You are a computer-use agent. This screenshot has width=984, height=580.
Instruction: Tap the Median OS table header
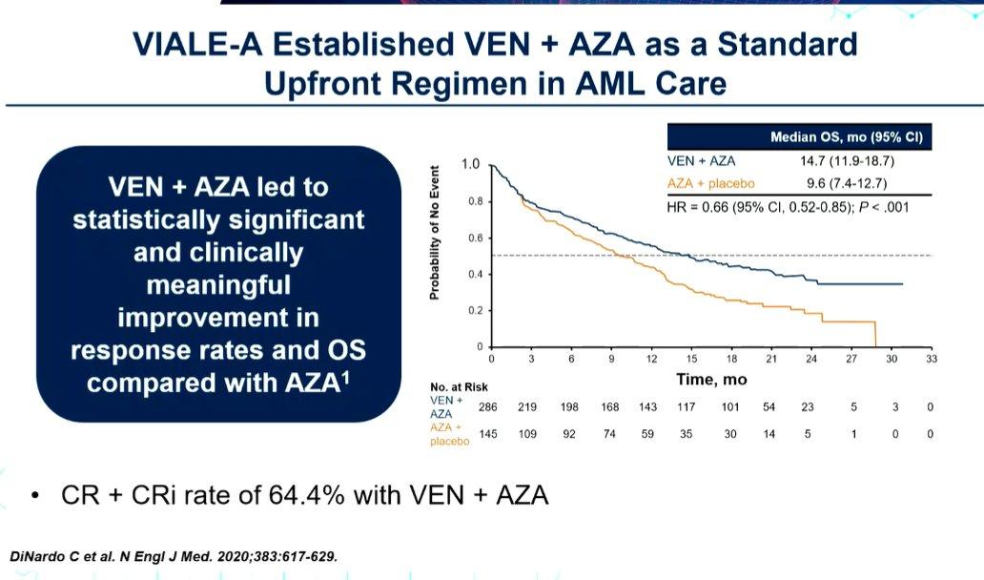846,136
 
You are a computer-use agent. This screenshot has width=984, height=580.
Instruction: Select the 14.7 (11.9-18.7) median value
847,160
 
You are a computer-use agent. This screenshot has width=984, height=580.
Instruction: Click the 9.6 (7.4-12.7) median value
847,183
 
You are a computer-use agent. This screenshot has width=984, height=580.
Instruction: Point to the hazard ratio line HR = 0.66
788,207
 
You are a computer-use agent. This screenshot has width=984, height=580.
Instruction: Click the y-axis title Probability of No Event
434,233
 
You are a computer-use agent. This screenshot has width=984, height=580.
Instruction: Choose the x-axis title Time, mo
711,379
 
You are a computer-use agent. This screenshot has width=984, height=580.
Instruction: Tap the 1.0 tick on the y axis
470,164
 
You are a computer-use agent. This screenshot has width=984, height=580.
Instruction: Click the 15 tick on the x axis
691,359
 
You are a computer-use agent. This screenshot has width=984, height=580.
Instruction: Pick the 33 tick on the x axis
932,359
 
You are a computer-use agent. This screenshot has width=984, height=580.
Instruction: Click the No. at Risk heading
459,387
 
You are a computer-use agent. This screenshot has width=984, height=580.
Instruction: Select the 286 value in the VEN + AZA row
487,406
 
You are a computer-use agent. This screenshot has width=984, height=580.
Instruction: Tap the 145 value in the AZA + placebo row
488,434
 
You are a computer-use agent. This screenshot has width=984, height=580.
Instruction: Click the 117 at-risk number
686,406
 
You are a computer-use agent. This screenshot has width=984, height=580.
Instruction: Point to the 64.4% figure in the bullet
307,495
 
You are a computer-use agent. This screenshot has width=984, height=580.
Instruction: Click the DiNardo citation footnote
174,556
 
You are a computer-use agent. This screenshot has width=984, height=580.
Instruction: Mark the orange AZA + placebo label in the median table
711,183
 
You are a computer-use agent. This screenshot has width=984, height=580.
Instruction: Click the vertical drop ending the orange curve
875,334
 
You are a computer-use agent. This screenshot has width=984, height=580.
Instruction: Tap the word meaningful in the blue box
218,285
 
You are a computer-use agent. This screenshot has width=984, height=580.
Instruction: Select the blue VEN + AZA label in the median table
701,160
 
